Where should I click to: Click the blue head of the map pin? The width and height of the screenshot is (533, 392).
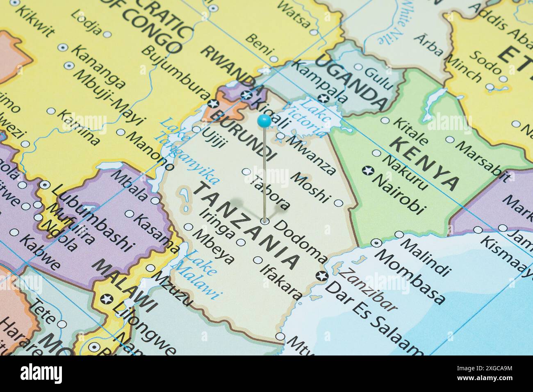[x=264, y=121]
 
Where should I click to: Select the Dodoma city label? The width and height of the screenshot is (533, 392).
[x=300, y=242]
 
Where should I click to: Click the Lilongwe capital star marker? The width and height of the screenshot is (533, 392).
[x=107, y=299]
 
